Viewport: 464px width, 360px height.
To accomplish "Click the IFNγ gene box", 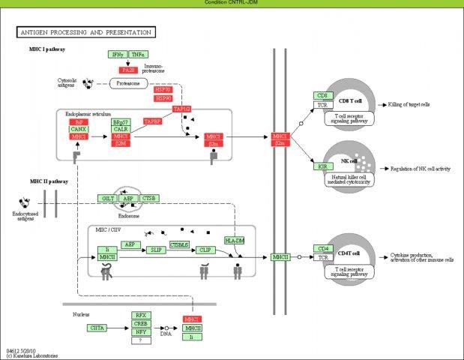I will pyautogui.click(x=117, y=55).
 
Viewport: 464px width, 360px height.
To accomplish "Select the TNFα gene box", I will pyautogui.click(x=138, y=55).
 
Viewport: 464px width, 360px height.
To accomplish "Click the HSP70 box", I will pyautogui.click(x=163, y=89).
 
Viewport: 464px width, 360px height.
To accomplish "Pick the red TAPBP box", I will pyautogui.click(x=152, y=121).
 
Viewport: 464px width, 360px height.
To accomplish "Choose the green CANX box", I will pyautogui.click(x=79, y=129).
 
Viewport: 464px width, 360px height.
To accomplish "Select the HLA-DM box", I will pyautogui.click(x=234, y=240).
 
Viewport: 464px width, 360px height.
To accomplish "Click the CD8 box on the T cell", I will pyautogui.click(x=322, y=96).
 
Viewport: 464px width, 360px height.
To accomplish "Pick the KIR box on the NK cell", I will pyautogui.click(x=322, y=165).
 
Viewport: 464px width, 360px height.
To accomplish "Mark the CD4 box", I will pyautogui.click(x=323, y=248).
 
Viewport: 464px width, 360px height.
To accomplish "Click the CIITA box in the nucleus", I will pyautogui.click(x=98, y=328).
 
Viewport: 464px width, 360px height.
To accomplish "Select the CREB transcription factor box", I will pyautogui.click(x=139, y=323).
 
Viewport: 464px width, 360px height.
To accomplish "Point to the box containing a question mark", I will pyautogui.click(x=139, y=340).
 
